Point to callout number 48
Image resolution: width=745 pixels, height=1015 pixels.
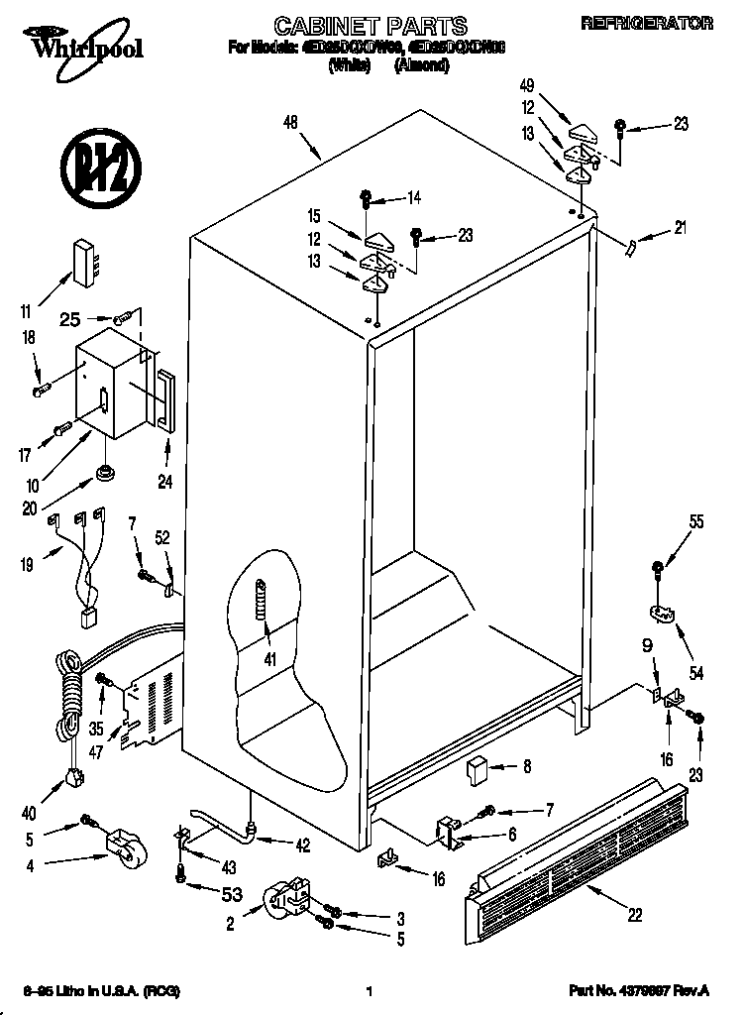290,123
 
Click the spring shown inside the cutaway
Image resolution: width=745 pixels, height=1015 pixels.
261,599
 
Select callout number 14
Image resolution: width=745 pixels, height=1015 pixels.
412,197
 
